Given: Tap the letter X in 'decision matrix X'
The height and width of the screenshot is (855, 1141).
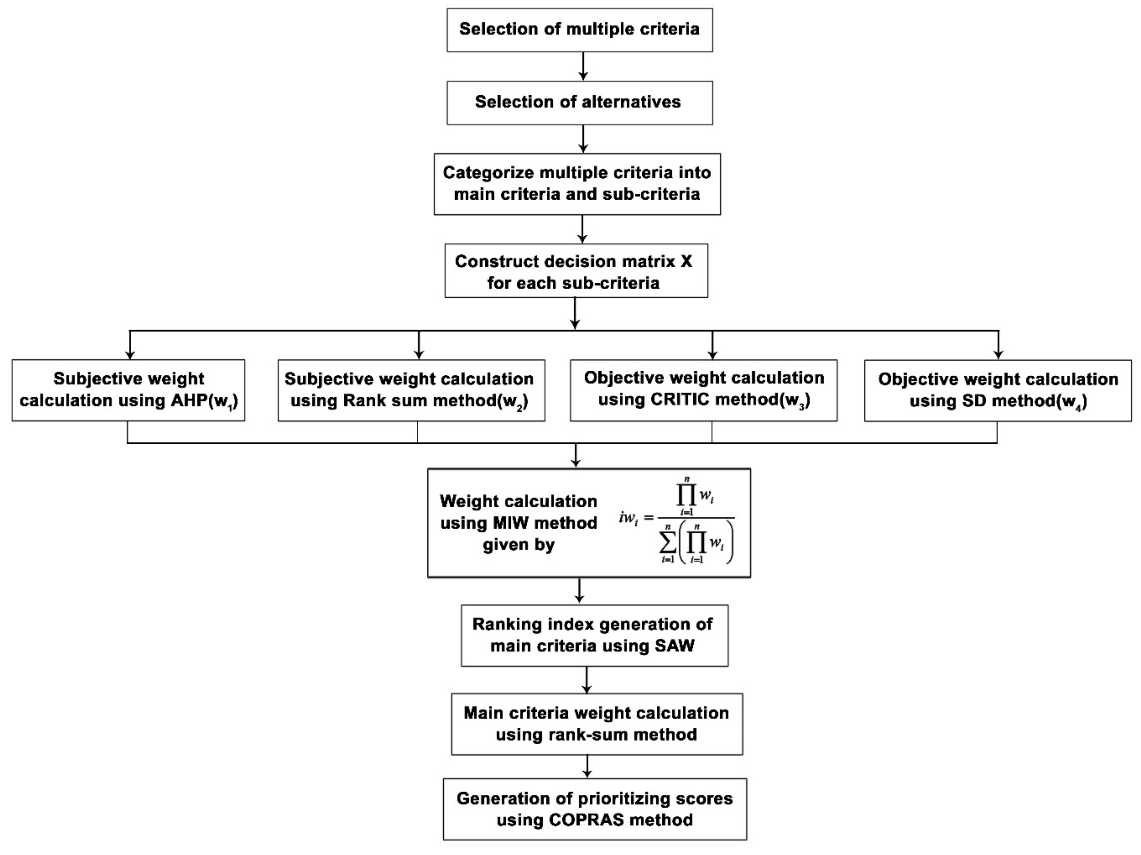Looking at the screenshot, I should click(686, 261).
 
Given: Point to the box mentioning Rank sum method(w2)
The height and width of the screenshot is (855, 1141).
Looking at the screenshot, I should click(411, 390).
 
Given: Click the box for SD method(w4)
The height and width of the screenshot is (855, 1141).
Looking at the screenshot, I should click(998, 390).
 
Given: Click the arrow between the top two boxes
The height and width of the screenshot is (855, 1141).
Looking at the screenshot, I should click(583, 66).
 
